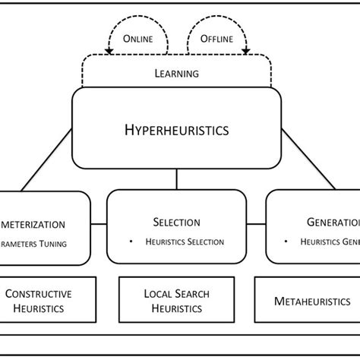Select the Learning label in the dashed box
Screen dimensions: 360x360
[x=176, y=74]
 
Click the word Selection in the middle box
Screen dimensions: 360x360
[x=176, y=222]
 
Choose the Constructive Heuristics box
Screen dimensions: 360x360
[x=49, y=301]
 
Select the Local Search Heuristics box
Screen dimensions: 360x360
[x=176, y=301]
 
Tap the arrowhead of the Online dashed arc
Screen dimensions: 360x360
[x=109, y=51]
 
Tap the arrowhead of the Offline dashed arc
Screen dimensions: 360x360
[x=245, y=51]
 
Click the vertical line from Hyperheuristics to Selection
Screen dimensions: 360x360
[x=176, y=179]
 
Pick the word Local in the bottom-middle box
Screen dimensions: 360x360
[x=156, y=294]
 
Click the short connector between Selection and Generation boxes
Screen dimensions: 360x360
[x=256, y=226]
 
